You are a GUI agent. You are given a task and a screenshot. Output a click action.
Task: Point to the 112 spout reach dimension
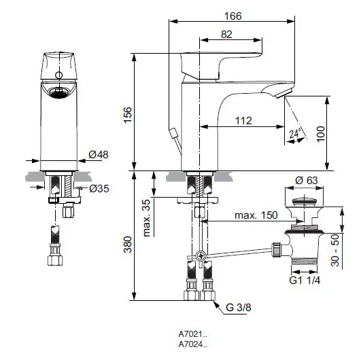point(245,121)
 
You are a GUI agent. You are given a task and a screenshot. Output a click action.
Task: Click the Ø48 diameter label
point(99,154)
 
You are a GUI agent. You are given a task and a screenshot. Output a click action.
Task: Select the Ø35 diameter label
point(99,189)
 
